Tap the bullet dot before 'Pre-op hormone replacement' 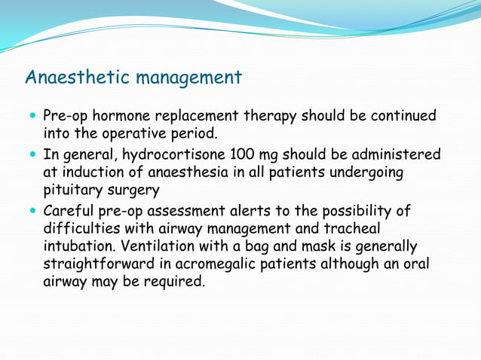click(x=32, y=117)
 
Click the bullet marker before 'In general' click(x=32, y=155)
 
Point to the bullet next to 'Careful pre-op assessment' click(x=32, y=211)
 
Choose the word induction click(x=91, y=172)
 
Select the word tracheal click(x=353, y=228)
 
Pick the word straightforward click(x=103, y=265)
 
